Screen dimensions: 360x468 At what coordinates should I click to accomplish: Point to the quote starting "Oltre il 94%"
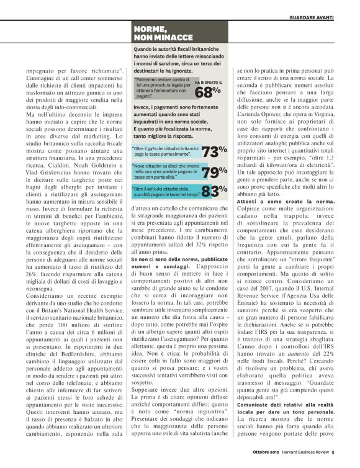tap(165, 151)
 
